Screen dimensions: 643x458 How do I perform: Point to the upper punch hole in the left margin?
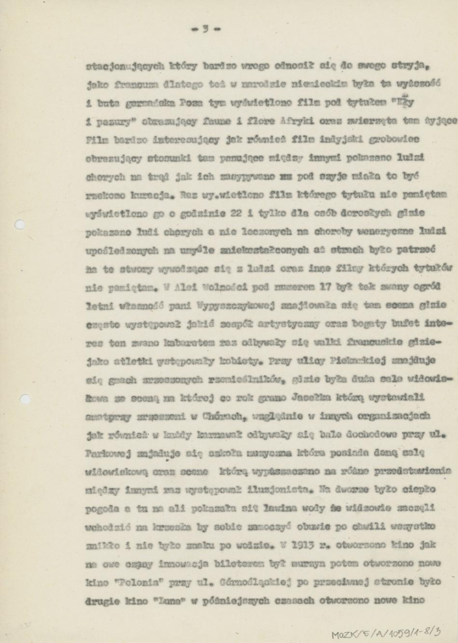[20, 224]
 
